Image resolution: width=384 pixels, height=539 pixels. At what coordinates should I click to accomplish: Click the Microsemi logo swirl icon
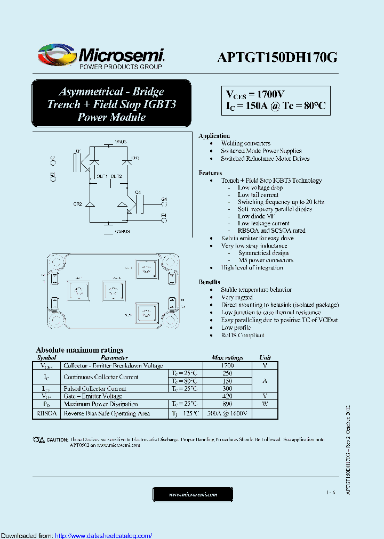pyautogui.click(x=57, y=55)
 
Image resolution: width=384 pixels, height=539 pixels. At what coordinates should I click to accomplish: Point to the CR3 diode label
pyautogui.click(x=135, y=158)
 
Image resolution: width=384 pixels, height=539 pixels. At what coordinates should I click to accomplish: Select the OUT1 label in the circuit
pyautogui.click(x=102, y=176)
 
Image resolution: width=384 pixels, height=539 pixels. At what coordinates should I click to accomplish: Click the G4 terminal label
pyautogui.click(x=164, y=199)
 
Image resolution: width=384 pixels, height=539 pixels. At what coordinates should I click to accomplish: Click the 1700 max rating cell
pyautogui.click(x=228, y=366)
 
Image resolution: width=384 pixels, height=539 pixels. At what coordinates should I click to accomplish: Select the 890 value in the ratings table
pyautogui.click(x=228, y=404)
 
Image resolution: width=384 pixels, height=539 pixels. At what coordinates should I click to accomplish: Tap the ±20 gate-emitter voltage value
pyautogui.click(x=228, y=396)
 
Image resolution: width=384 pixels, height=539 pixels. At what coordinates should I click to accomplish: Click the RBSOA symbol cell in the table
pyautogui.click(x=46, y=413)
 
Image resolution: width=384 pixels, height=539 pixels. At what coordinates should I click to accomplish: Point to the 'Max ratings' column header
pyautogui.click(x=228, y=358)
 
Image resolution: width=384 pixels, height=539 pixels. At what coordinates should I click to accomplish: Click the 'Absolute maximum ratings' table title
pyautogui.click(x=79, y=350)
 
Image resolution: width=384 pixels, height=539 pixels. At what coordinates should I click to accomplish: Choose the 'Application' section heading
pyautogui.click(x=214, y=136)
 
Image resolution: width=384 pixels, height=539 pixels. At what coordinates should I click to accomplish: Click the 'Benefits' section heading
pyautogui.click(x=209, y=282)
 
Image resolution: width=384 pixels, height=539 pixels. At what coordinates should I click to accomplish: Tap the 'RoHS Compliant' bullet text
pyautogui.click(x=243, y=335)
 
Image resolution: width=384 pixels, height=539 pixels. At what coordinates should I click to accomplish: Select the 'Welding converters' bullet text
pyautogui.click(x=246, y=143)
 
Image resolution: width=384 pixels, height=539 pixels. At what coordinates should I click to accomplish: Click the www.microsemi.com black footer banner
pyautogui.click(x=193, y=494)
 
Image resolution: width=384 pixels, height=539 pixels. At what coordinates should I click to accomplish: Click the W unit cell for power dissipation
pyautogui.click(x=265, y=404)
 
